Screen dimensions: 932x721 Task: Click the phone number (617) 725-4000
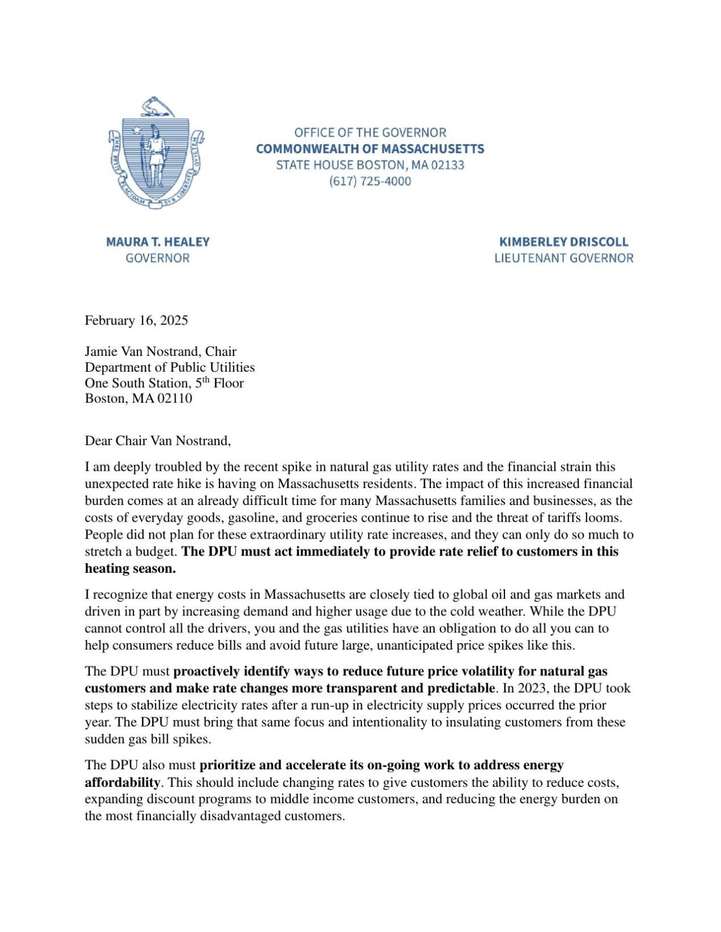369,182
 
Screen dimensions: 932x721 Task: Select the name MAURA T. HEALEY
158,242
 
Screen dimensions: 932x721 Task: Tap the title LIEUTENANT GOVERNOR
563,258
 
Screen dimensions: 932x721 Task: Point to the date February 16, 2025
136,321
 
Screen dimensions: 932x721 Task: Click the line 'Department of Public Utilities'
170,367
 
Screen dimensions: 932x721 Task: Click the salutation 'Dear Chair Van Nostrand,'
158,441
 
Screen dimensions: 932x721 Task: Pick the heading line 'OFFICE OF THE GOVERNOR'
370,133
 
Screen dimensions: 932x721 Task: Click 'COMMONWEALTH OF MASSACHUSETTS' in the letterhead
370,149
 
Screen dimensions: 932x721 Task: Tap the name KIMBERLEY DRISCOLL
563,242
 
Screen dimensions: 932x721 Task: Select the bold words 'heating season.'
130,569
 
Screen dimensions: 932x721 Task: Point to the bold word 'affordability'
122,782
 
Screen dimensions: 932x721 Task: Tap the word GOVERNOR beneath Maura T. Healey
158,258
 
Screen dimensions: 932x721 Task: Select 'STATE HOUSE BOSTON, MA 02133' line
370,166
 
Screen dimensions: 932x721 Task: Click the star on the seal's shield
137,130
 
